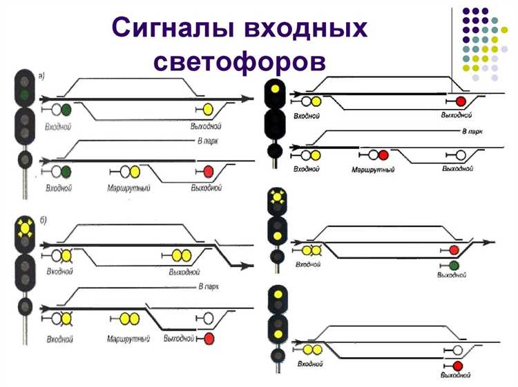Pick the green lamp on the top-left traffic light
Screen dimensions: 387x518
[x=25, y=93]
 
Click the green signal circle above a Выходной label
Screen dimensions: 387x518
[x=454, y=266]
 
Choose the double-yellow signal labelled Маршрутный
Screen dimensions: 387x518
[x=128, y=319]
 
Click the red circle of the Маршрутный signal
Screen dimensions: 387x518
[x=383, y=156]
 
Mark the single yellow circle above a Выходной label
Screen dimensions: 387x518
[x=208, y=110]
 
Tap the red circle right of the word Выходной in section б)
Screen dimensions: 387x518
[x=209, y=338]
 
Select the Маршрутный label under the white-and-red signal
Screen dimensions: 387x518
[x=373, y=169]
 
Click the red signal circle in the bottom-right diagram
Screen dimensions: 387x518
[x=457, y=365]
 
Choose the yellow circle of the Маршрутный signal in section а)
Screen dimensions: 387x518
[x=135, y=172]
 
